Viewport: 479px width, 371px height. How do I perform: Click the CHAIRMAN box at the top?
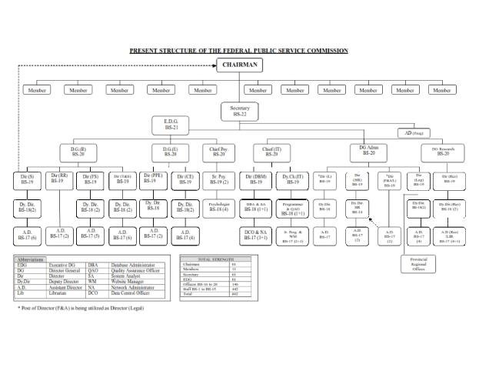coord(240,65)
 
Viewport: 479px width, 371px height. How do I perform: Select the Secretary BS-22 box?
coord(240,111)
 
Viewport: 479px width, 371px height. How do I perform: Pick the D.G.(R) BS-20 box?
coord(78,151)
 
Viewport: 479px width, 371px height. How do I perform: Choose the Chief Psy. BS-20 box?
coord(218,151)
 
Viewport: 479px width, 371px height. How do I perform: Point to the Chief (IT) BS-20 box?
coord(272,151)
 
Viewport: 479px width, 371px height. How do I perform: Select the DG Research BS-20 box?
coord(443,151)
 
